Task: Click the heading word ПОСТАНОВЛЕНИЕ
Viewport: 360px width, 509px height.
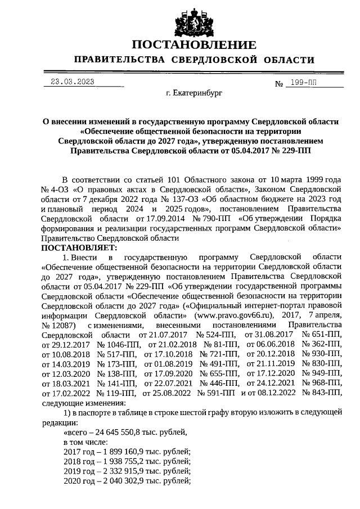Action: point(194,45)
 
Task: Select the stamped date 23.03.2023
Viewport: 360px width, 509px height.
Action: point(73,82)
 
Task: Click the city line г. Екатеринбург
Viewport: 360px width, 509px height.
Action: point(194,93)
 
